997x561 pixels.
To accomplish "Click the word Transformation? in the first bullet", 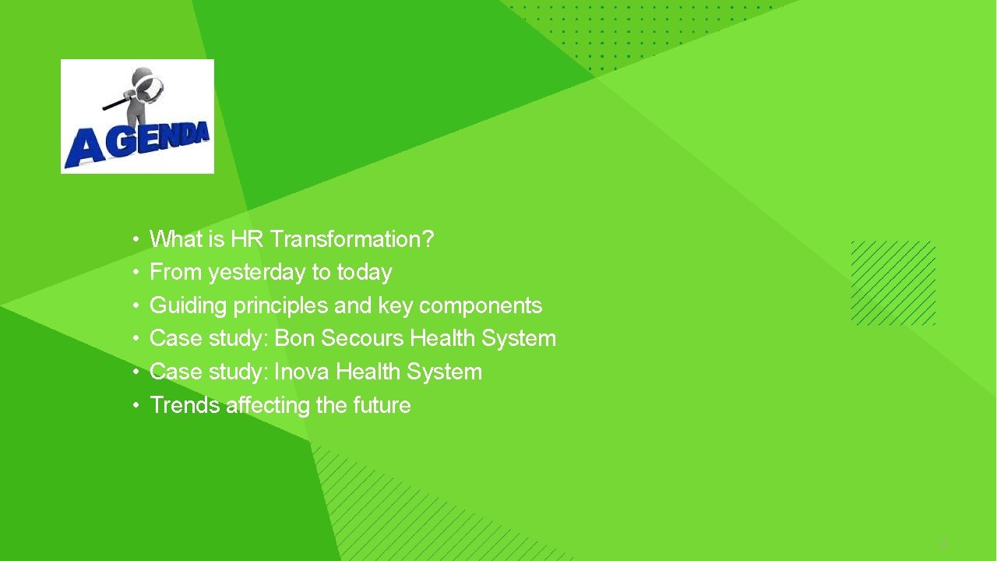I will click(352, 239).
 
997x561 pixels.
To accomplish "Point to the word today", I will click(365, 273).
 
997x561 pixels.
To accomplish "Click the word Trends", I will click(185, 405).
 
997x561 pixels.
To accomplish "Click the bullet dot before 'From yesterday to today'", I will click(136, 273).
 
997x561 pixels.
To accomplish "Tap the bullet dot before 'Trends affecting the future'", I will click(136, 405).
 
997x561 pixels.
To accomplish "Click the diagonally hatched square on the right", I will click(893, 283).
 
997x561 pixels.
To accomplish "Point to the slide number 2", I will click(942, 543).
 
